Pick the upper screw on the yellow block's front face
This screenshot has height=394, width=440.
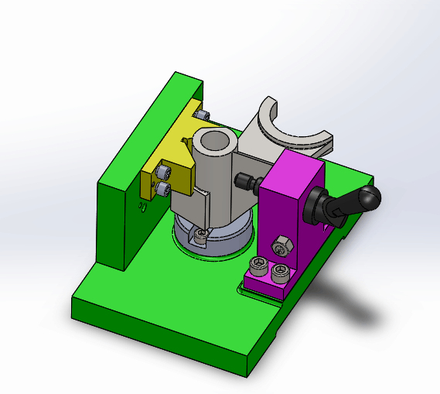coord(163,172)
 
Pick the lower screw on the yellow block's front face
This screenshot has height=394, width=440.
coord(163,187)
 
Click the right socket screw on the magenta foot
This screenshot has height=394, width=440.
coord(279,272)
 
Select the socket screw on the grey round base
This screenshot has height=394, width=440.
coord(203,235)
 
